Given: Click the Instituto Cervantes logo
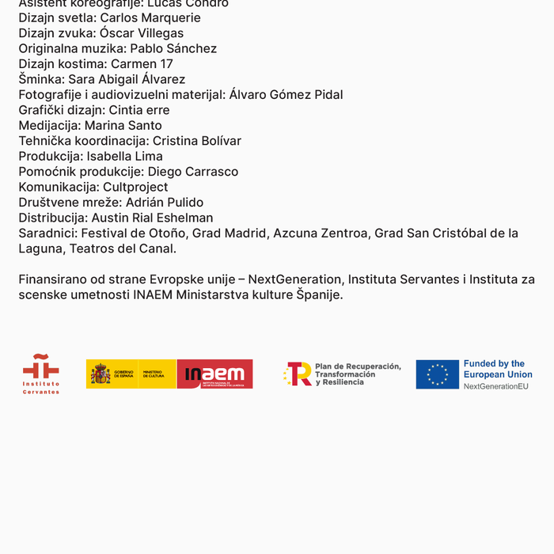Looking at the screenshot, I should tap(40, 374).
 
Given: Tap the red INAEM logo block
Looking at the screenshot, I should tap(214, 374).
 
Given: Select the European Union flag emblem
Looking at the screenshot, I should tap(437, 374).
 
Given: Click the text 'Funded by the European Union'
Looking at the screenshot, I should tap(497, 369).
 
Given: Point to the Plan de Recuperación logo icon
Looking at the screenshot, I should tap(298, 374).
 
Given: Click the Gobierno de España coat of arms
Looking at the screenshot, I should tap(101, 374).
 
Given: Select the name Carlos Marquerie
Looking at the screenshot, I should tap(150, 17).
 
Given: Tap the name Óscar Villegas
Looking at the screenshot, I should tap(142, 33).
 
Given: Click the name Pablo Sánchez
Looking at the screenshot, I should tap(173, 48).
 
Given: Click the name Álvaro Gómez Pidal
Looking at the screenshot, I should tap(286, 95).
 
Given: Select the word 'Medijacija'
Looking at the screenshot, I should tap(48, 125).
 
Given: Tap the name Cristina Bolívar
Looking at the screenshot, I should tap(197, 141).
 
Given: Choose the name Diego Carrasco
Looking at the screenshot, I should tap(193, 172).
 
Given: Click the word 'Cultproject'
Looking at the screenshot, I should tap(135, 187).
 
